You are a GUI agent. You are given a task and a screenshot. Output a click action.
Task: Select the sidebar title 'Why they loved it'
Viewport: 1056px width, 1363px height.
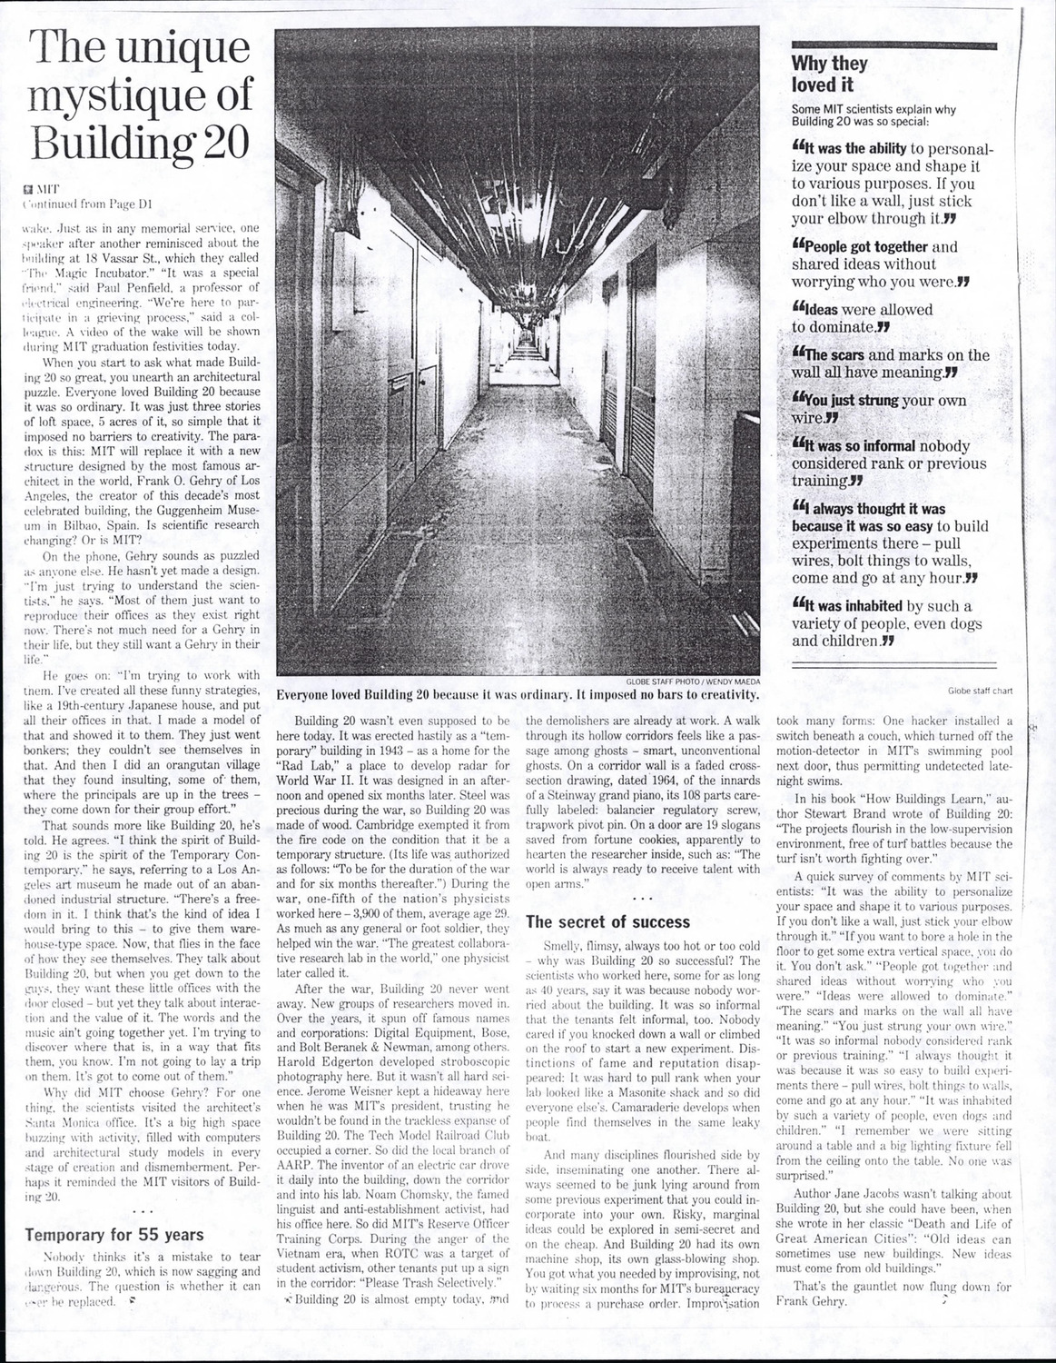(x=829, y=75)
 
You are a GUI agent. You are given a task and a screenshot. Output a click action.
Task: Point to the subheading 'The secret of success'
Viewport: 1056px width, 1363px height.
(x=609, y=922)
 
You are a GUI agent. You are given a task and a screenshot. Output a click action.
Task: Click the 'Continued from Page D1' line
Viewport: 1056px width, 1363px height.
(x=87, y=205)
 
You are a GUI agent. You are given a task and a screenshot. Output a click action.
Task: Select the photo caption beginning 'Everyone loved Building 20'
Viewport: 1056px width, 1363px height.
(x=518, y=695)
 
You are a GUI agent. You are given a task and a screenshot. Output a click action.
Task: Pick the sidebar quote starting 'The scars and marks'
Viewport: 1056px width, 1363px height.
(x=890, y=363)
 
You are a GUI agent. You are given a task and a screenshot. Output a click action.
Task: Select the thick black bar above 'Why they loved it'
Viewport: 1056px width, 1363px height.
(x=893, y=45)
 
